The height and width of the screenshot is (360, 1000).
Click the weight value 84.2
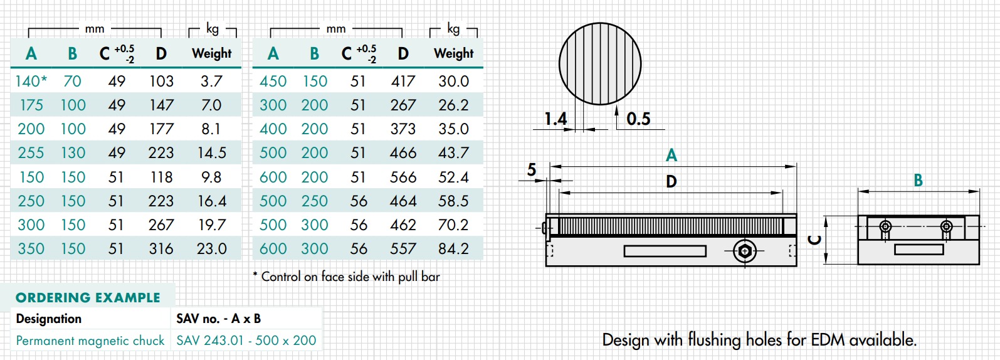pyautogui.click(x=453, y=249)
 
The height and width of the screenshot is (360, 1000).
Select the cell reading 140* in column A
pyautogui.click(x=31, y=81)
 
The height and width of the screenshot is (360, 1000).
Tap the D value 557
pyautogui.click(x=403, y=249)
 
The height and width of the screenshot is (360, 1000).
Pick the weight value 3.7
pyautogui.click(x=211, y=81)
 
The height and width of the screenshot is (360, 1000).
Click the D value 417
pyautogui.click(x=403, y=81)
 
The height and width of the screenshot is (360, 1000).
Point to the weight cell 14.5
pyautogui.click(x=211, y=153)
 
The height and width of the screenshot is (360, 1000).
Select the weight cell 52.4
pyautogui.click(x=453, y=177)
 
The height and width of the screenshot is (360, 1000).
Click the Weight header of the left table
pyautogui.click(x=211, y=53)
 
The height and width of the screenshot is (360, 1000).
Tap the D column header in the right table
pyautogui.click(x=403, y=54)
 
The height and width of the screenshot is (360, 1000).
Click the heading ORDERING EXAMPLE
pyautogui.click(x=88, y=298)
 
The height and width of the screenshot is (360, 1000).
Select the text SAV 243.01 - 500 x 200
pyautogui.click(x=246, y=341)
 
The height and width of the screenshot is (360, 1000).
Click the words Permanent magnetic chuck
pyautogui.click(x=90, y=341)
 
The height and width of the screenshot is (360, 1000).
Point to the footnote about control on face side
pyautogui.click(x=346, y=277)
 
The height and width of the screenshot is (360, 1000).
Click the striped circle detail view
pyautogui.click(x=599, y=63)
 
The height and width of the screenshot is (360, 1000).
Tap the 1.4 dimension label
pyautogui.click(x=555, y=119)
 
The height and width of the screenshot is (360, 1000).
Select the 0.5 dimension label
pyautogui.click(x=638, y=119)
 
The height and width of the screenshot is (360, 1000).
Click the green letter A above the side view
pyautogui.click(x=671, y=155)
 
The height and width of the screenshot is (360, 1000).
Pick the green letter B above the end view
pyautogui.click(x=918, y=181)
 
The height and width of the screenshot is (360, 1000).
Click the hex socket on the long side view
pyautogui.click(x=744, y=251)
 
